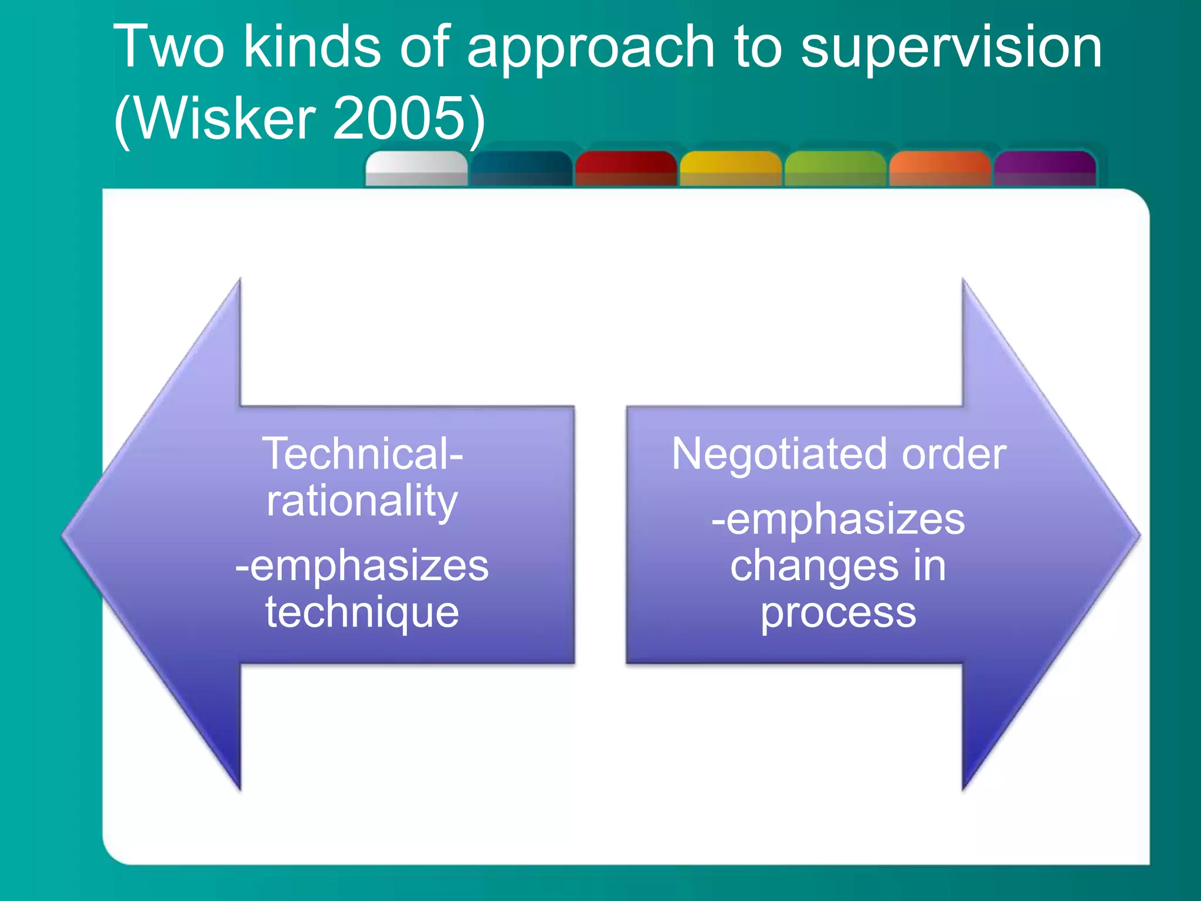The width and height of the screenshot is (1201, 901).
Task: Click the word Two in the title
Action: [169, 47]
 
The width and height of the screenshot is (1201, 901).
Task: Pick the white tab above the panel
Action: [416, 169]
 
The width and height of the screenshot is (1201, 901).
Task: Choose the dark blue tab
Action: [521, 169]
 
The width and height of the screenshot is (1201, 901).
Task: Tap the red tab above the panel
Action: [626, 169]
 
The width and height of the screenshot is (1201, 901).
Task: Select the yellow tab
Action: [731, 169]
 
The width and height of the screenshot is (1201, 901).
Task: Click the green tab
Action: [835, 169]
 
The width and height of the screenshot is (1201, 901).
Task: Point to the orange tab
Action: [939, 169]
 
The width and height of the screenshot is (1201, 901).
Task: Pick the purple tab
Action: [1044, 169]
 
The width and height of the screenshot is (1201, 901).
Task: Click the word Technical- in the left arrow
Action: [362, 453]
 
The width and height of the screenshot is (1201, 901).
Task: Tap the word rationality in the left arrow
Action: [362, 502]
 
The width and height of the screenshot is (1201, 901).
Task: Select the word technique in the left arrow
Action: [362, 612]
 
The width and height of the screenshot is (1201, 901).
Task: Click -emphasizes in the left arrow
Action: [362, 565]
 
